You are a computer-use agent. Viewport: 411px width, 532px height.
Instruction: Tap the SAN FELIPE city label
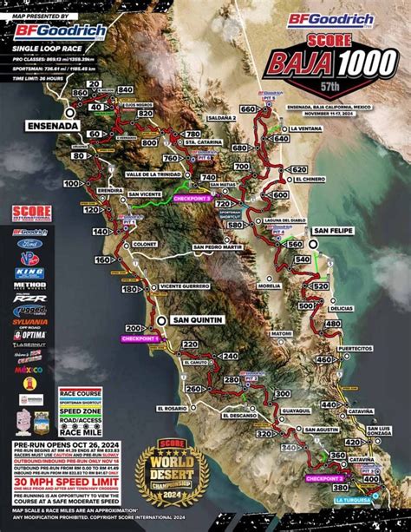pyautogui.click(x=333, y=231)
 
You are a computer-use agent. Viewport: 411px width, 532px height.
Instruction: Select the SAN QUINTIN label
pyautogui.click(x=199, y=319)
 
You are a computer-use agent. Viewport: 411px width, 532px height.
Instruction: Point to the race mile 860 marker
pyautogui.click(x=81, y=92)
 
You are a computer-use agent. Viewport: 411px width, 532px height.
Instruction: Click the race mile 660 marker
pyautogui.click(x=248, y=109)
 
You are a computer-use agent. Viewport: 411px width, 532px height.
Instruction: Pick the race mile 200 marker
pyautogui.click(x=134, y=328)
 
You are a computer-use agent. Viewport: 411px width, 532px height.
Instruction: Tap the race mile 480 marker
pyautogui.click(x=331, y=323)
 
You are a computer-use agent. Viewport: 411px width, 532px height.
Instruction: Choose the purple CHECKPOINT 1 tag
pyautogui.click(x=146, y=339)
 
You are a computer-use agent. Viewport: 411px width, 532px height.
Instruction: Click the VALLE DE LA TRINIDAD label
pyautogui.click(x=157, y=174)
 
